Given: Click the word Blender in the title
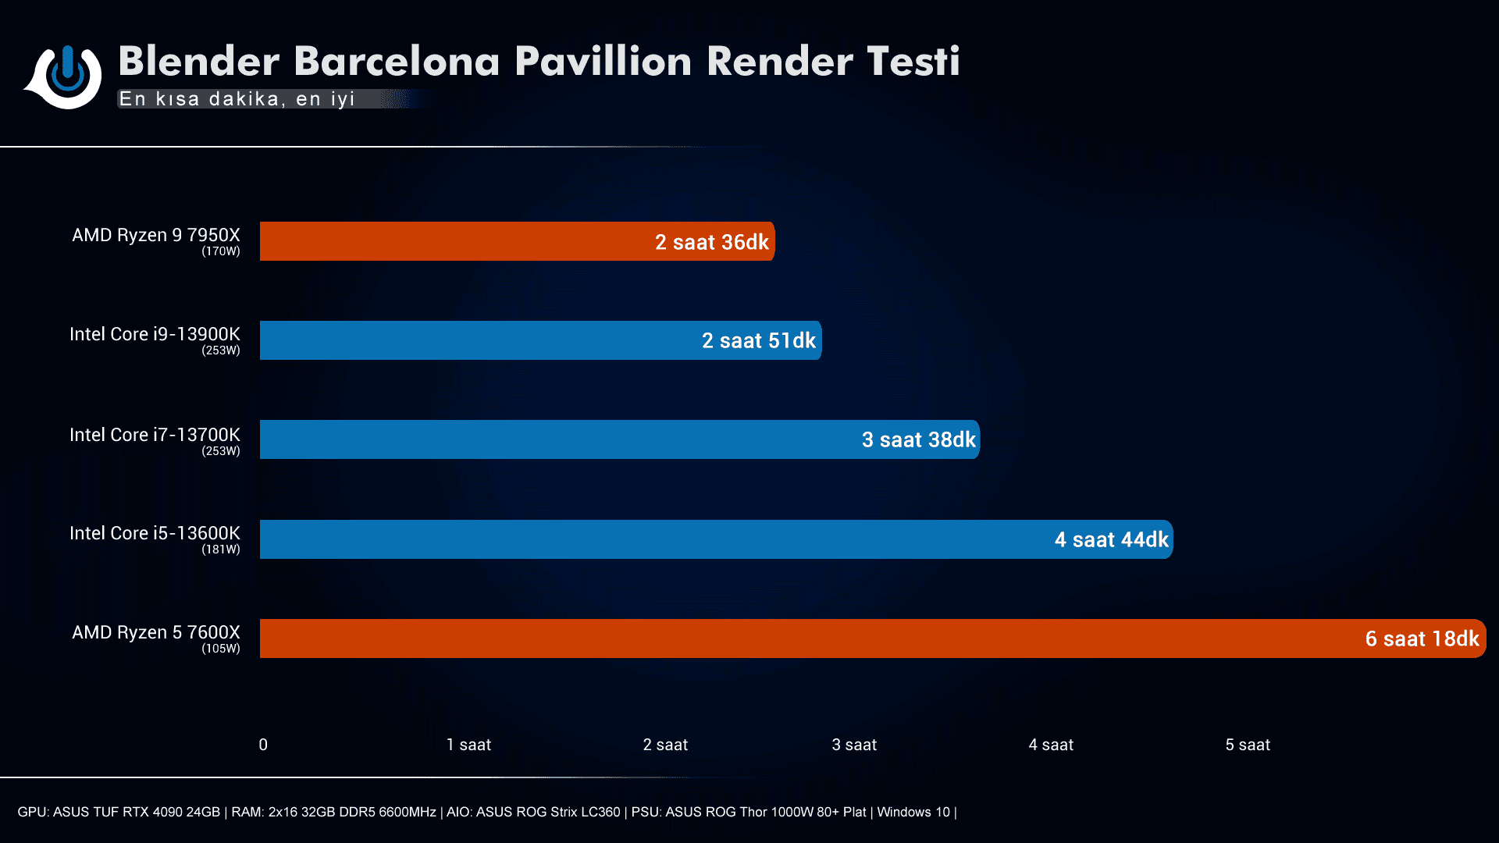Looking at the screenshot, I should [199, 61].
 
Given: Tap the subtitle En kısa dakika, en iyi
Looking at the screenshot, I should [237, 99].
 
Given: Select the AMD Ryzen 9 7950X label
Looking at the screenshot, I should [156, 235].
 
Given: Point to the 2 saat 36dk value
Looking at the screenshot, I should [711, 242].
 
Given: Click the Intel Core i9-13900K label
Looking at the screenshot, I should [155, 334].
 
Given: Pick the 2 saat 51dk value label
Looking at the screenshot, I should [758, 340].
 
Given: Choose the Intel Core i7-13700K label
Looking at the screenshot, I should [155, 435].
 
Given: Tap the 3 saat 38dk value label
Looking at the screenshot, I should [918, 439].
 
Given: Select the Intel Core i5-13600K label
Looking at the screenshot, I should [155, 533].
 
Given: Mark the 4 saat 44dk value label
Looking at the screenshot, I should [1111, 539].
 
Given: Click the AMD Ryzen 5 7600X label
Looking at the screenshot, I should [156, 632].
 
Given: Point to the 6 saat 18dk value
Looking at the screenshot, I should [1422, 638].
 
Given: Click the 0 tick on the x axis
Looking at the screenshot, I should [263, 745].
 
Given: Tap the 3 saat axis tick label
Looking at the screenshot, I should [854, 745].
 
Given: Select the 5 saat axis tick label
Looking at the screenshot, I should [1248, 745].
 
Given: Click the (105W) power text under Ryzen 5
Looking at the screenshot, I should [221, 649].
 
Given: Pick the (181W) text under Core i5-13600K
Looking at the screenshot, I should [221, 550].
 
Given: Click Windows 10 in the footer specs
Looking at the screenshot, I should [913, 812].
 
